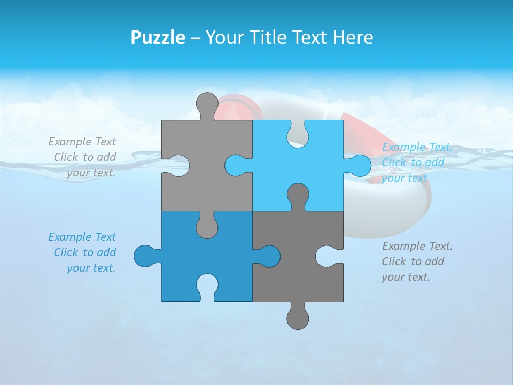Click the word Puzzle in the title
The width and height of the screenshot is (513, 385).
click(158, 37)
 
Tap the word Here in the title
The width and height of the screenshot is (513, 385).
click(352, 37)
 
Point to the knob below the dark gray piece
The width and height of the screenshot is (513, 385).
click(298, 318)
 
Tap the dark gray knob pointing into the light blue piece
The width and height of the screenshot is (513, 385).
click(298, 196)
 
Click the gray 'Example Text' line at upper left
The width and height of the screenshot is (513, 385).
click(82, 142)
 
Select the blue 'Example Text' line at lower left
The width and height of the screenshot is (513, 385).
click(82, 237)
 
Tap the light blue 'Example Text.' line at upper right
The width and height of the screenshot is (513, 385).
click(417, 147)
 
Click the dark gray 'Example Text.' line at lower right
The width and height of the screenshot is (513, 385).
click(417, 246)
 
